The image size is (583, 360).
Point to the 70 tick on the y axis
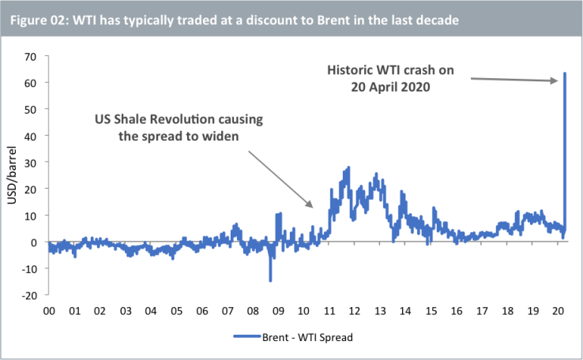pos(32,56)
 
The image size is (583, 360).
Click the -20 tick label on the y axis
pos(29,295)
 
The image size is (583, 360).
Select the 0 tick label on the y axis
pos(35,242)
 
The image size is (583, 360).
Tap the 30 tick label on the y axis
pos(32,162)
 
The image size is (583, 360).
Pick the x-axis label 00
pos(49,311)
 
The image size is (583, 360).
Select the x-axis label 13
pos(380,311)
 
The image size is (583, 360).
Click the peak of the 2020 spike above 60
pos(565,73)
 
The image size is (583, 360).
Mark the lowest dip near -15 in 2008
pos(270,280)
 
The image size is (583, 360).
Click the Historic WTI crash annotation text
pos(390,79)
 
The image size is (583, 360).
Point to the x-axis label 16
pos(457,311)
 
